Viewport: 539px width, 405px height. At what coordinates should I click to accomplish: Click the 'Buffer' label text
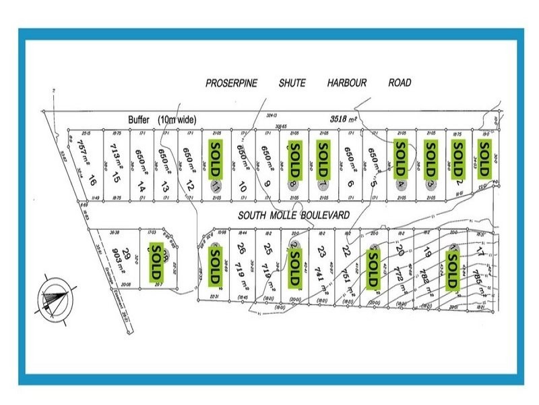pos(141,119)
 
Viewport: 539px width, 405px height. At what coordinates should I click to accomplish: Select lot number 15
pos(117,179)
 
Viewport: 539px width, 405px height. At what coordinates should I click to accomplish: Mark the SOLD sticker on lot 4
pos(401,159)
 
